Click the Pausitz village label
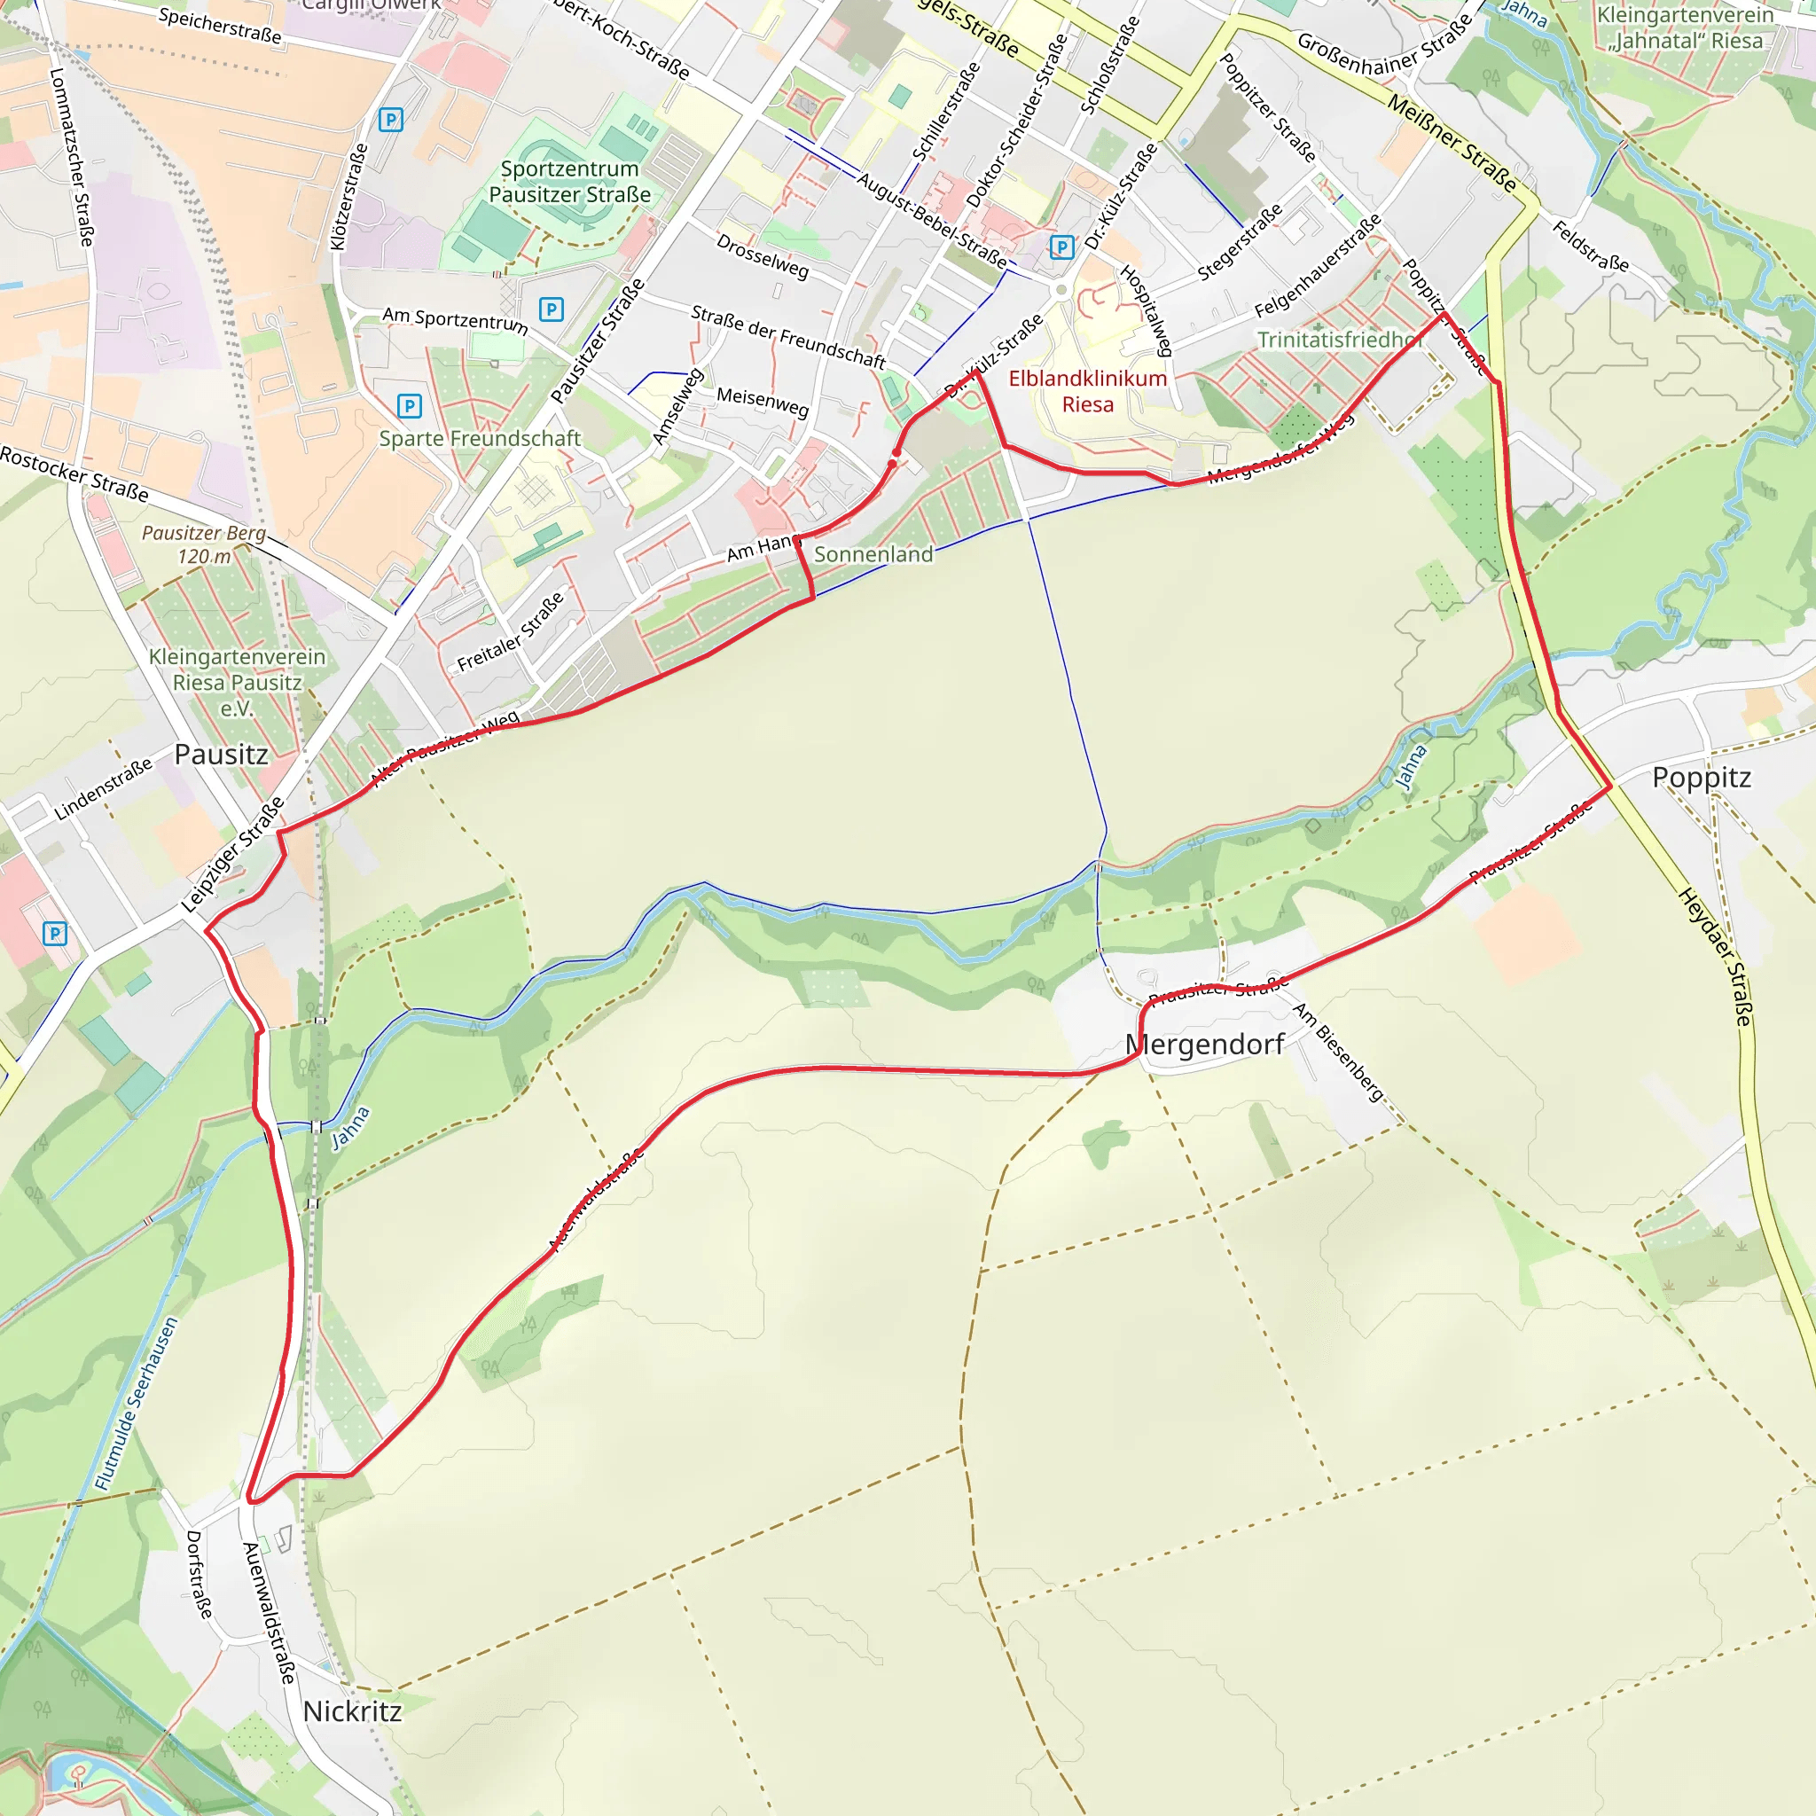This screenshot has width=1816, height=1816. click(221, 755)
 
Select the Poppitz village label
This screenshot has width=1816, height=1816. click(1702, 779)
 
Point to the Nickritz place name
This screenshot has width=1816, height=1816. click(351, 1710)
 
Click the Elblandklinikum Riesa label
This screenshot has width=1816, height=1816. click(1087, 391)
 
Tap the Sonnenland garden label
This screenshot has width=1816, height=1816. click(873, 554)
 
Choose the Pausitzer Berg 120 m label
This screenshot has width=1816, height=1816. click(204, 544)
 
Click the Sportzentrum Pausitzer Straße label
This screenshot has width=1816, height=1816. click(569, 182)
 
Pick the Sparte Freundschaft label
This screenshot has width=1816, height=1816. click(480, 439)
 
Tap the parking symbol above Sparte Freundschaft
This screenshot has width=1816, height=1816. click(409, 406)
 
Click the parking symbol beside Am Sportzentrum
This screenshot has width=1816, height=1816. click(551, 309)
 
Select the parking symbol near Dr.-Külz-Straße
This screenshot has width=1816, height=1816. click(1061, 247)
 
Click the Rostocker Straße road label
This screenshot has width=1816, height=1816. click(74, 474)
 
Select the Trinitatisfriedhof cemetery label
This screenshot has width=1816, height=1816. click(1337, 340)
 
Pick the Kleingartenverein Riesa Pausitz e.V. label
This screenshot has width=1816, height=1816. click(237, 683)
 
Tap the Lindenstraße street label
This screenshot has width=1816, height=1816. click(104, 789)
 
